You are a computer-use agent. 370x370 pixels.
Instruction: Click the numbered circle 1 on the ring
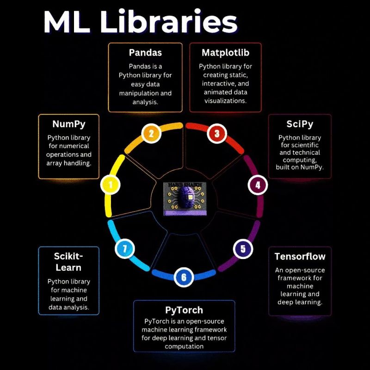tap(110, 185)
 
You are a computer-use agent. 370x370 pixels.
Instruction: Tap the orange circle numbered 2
tap(151, 134)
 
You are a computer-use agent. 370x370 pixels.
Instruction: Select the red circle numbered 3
tap(216, 134)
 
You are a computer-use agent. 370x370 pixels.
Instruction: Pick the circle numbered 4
tap(258, 185)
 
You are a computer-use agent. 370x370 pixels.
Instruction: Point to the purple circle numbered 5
tap(242, 249)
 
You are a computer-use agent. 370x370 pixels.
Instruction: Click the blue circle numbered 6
tap(184, 277)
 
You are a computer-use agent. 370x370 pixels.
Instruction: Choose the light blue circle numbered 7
tap(124, 249)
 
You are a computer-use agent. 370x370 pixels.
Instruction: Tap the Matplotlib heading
tap(225, 52)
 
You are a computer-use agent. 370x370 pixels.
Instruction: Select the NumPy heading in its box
tap(68, 124)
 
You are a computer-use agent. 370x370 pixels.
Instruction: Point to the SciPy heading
tap(300, 124)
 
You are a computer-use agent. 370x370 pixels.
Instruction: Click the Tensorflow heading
tap(300, 256)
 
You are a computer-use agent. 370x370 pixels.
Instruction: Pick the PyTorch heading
tap(184, 309)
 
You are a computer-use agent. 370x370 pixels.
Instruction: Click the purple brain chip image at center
tap(184, 198)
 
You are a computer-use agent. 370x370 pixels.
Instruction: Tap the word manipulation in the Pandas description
tap(145, 93)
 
